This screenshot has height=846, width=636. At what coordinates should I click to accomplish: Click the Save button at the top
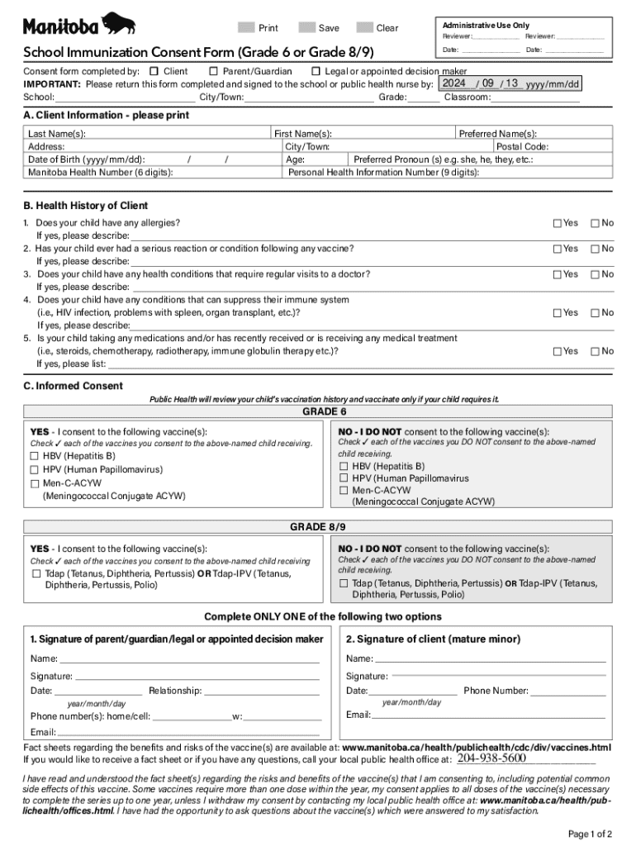coord(318,28)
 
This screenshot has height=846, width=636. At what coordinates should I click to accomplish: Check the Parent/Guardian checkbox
coord(214,72)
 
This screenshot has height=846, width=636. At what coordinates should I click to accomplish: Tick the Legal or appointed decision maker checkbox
coord(316,72)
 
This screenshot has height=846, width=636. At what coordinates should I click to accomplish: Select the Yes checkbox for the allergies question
coord(557,223)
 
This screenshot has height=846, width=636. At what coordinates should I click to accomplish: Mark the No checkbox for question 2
coord(594,249)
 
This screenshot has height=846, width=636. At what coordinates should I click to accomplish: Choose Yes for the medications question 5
coord(557,351)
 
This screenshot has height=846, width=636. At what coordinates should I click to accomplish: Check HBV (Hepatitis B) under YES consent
coord(35,456)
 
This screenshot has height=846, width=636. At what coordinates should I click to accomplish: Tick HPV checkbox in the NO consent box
coord(344,478)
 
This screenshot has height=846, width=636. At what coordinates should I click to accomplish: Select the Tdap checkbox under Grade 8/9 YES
coord(36,573)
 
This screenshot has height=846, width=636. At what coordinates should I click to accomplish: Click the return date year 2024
coord(455,83)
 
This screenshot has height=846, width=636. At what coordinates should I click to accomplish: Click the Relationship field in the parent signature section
coord(261,691)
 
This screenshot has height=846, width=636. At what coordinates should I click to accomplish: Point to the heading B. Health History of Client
coord(85,206)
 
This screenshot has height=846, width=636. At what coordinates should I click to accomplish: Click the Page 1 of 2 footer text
coord(590,833)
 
